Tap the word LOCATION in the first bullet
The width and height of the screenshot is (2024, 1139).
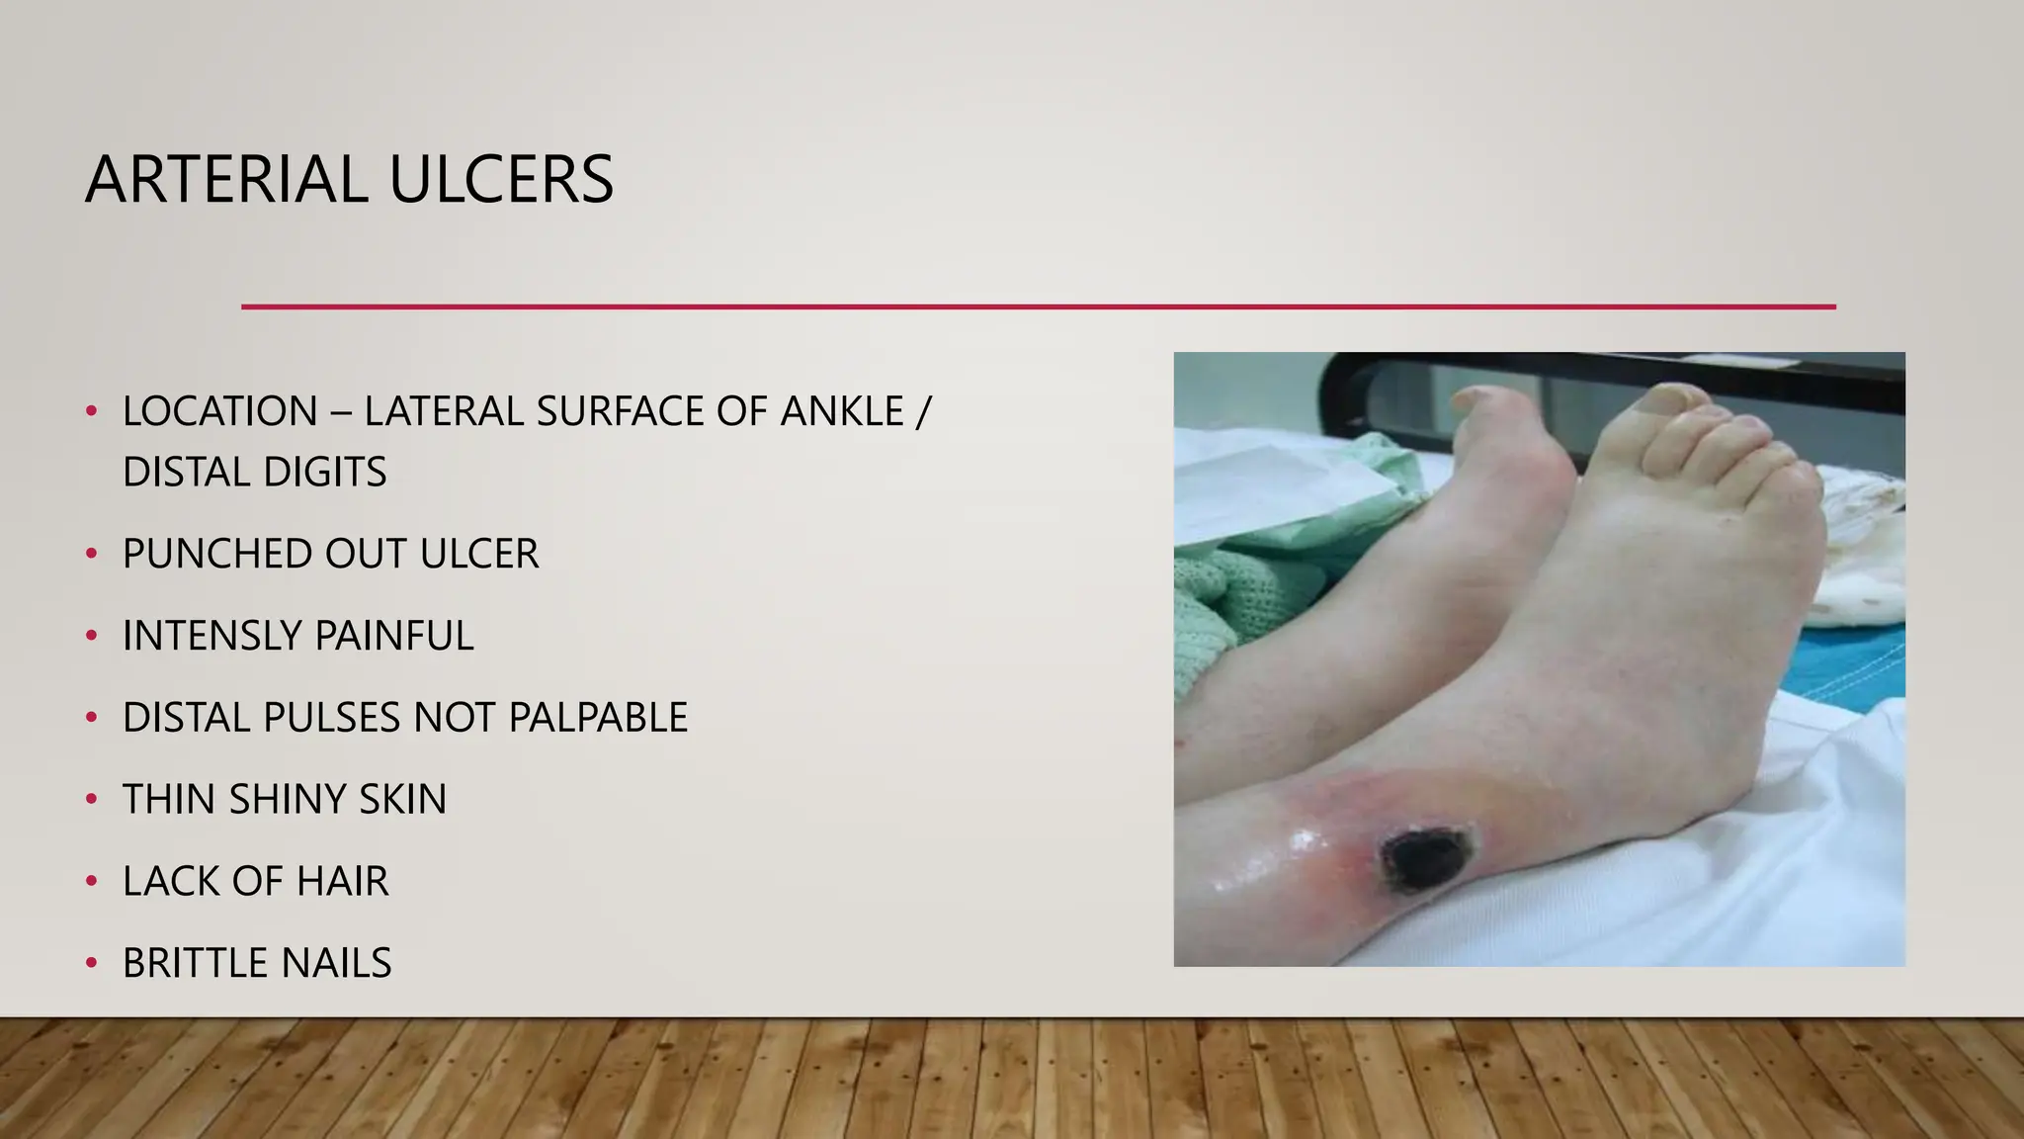[x=219, y=411]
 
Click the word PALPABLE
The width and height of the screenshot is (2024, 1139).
[x=598, y=718]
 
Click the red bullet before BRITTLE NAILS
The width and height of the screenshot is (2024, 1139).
[x=91, y=962]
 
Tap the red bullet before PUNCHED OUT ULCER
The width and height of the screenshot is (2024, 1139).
[x=91, y=553]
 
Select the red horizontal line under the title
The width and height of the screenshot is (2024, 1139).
[x=1038, y=307]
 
